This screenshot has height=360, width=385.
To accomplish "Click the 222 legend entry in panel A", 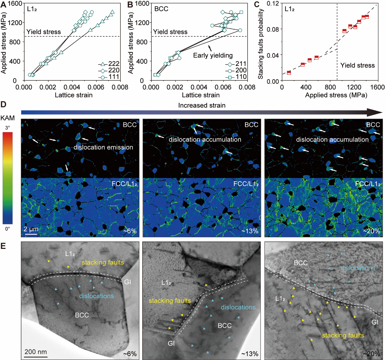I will (114, 64).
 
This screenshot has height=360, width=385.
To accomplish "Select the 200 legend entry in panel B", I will (241, 70).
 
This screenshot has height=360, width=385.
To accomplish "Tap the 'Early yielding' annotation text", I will (213, 55).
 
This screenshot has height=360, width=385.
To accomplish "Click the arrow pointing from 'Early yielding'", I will (210, 48).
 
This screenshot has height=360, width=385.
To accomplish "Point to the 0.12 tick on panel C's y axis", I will (273, 3).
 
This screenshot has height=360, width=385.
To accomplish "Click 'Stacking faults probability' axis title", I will (260, 44).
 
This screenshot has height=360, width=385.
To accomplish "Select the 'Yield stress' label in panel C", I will (357, 65).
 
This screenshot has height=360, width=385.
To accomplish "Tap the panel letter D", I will (3, 105).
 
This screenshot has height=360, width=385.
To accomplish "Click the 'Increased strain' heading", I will (202, 105).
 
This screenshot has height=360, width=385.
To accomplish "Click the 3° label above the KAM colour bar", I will (8, 128).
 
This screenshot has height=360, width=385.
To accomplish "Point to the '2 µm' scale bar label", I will (31, 229).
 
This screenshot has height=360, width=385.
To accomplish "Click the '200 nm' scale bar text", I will (36, 352).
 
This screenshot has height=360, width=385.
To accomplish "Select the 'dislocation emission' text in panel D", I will (103, 147).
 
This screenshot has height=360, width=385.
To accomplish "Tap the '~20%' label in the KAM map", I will (371, 231).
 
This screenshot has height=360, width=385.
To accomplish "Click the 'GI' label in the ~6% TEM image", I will (127, 282).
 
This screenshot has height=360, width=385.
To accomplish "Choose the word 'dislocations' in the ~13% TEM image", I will (238, 307).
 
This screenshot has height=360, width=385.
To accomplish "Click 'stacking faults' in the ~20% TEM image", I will (343, 335).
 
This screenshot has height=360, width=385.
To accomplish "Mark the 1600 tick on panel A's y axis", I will (15, 3).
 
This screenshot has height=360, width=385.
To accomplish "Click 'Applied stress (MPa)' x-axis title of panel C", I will (336, 95).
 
